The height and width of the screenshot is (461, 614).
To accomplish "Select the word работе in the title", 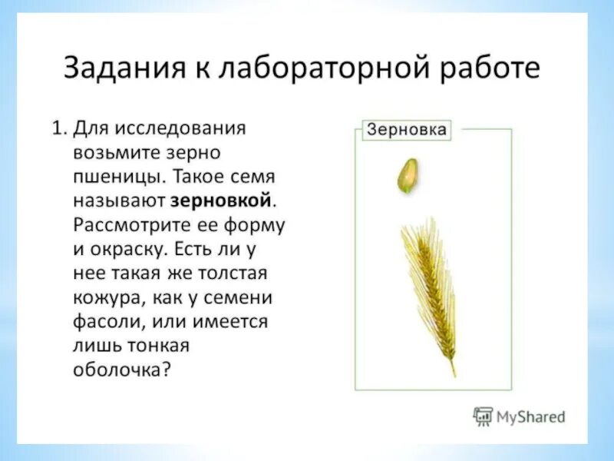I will [490, 68].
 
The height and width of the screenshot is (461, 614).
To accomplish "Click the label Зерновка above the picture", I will [407, 129].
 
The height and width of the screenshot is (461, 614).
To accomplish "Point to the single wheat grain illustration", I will [408, 176].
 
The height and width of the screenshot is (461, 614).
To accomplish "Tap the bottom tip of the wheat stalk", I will [454, 374].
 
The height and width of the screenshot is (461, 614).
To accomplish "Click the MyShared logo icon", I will [483, 416].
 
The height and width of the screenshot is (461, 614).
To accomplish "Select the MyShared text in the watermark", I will [531, 417].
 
